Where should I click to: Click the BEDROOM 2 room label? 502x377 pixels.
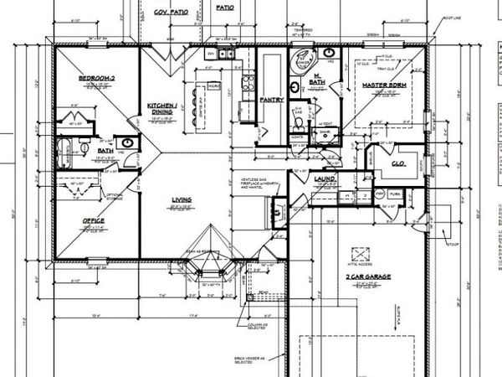click(95, 78)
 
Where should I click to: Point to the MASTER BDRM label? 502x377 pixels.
click(384, 86)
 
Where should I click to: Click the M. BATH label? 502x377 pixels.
click(317, 78)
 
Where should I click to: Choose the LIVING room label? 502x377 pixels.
click(182, 199)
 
